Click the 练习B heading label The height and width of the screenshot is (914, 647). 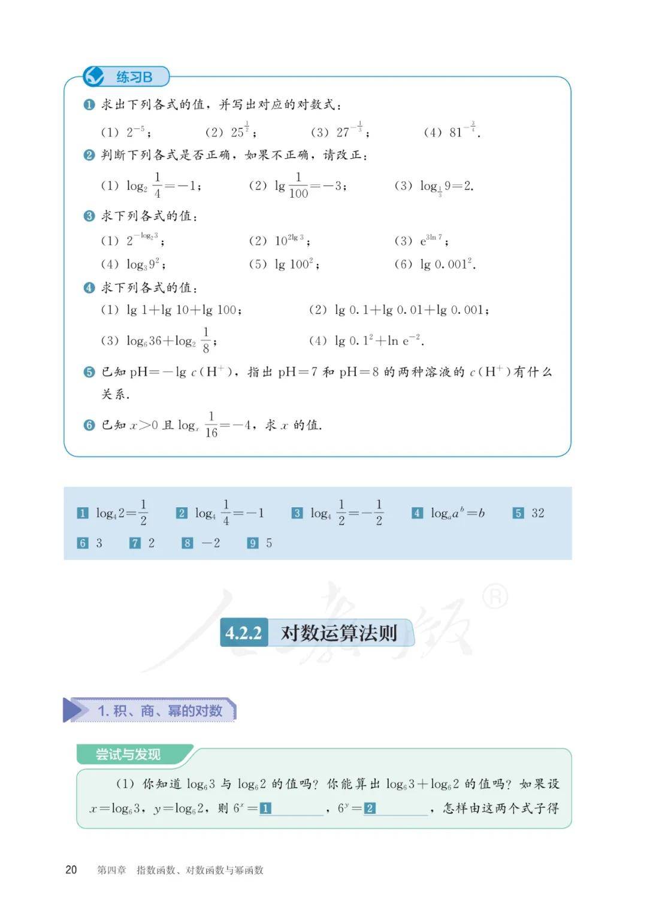point(134,77)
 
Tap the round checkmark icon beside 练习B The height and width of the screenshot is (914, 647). point(94,76)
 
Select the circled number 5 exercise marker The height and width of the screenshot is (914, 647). point(89,372)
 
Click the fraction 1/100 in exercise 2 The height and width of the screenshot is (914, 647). point(298,185)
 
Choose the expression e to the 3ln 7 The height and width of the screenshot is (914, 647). point(431,240)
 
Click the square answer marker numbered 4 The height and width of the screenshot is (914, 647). point(417,513)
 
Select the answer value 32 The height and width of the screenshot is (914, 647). point(537,513)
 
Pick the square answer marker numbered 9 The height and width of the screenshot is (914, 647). point(253,543)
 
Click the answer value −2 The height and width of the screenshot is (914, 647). point(210,543)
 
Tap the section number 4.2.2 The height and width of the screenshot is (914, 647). point(243,633)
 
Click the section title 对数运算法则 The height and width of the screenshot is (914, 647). point(338,633)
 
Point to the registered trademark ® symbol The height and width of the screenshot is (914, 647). point(495,597)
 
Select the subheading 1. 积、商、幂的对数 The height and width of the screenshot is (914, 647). point(159,711)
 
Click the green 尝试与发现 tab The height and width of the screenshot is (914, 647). point(128,754)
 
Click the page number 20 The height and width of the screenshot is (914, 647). point(71,870)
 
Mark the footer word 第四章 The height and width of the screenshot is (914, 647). point(111,870)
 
